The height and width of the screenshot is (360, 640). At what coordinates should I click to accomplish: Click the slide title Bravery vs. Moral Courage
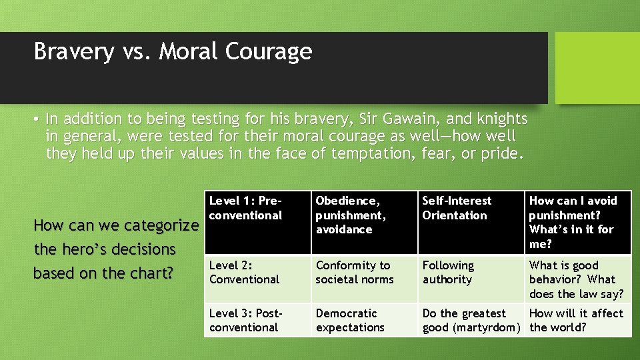[173, 51]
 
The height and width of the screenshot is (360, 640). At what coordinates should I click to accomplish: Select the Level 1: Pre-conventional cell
[257, 222]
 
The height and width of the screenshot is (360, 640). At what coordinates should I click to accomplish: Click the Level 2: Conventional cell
[257, 279]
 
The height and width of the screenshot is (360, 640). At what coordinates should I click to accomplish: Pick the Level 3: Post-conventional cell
[257, 320]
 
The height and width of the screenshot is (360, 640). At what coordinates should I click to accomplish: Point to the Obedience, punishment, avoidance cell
[363, 222]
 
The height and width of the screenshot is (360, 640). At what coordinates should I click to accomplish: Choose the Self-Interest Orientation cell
[471, 222]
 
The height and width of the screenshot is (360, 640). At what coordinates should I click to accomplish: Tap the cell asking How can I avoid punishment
[577, 222]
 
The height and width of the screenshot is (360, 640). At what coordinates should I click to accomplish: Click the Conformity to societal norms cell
[363, 279]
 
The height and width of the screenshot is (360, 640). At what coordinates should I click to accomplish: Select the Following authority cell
[471, 279]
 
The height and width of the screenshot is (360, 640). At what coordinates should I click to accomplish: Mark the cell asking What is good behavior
[577, 279]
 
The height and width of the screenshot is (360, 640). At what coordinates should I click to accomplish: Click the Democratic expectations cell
[363, 320]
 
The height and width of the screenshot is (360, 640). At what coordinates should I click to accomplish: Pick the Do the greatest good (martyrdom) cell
[471, 320]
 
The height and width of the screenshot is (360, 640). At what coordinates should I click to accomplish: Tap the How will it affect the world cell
[577, 320]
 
